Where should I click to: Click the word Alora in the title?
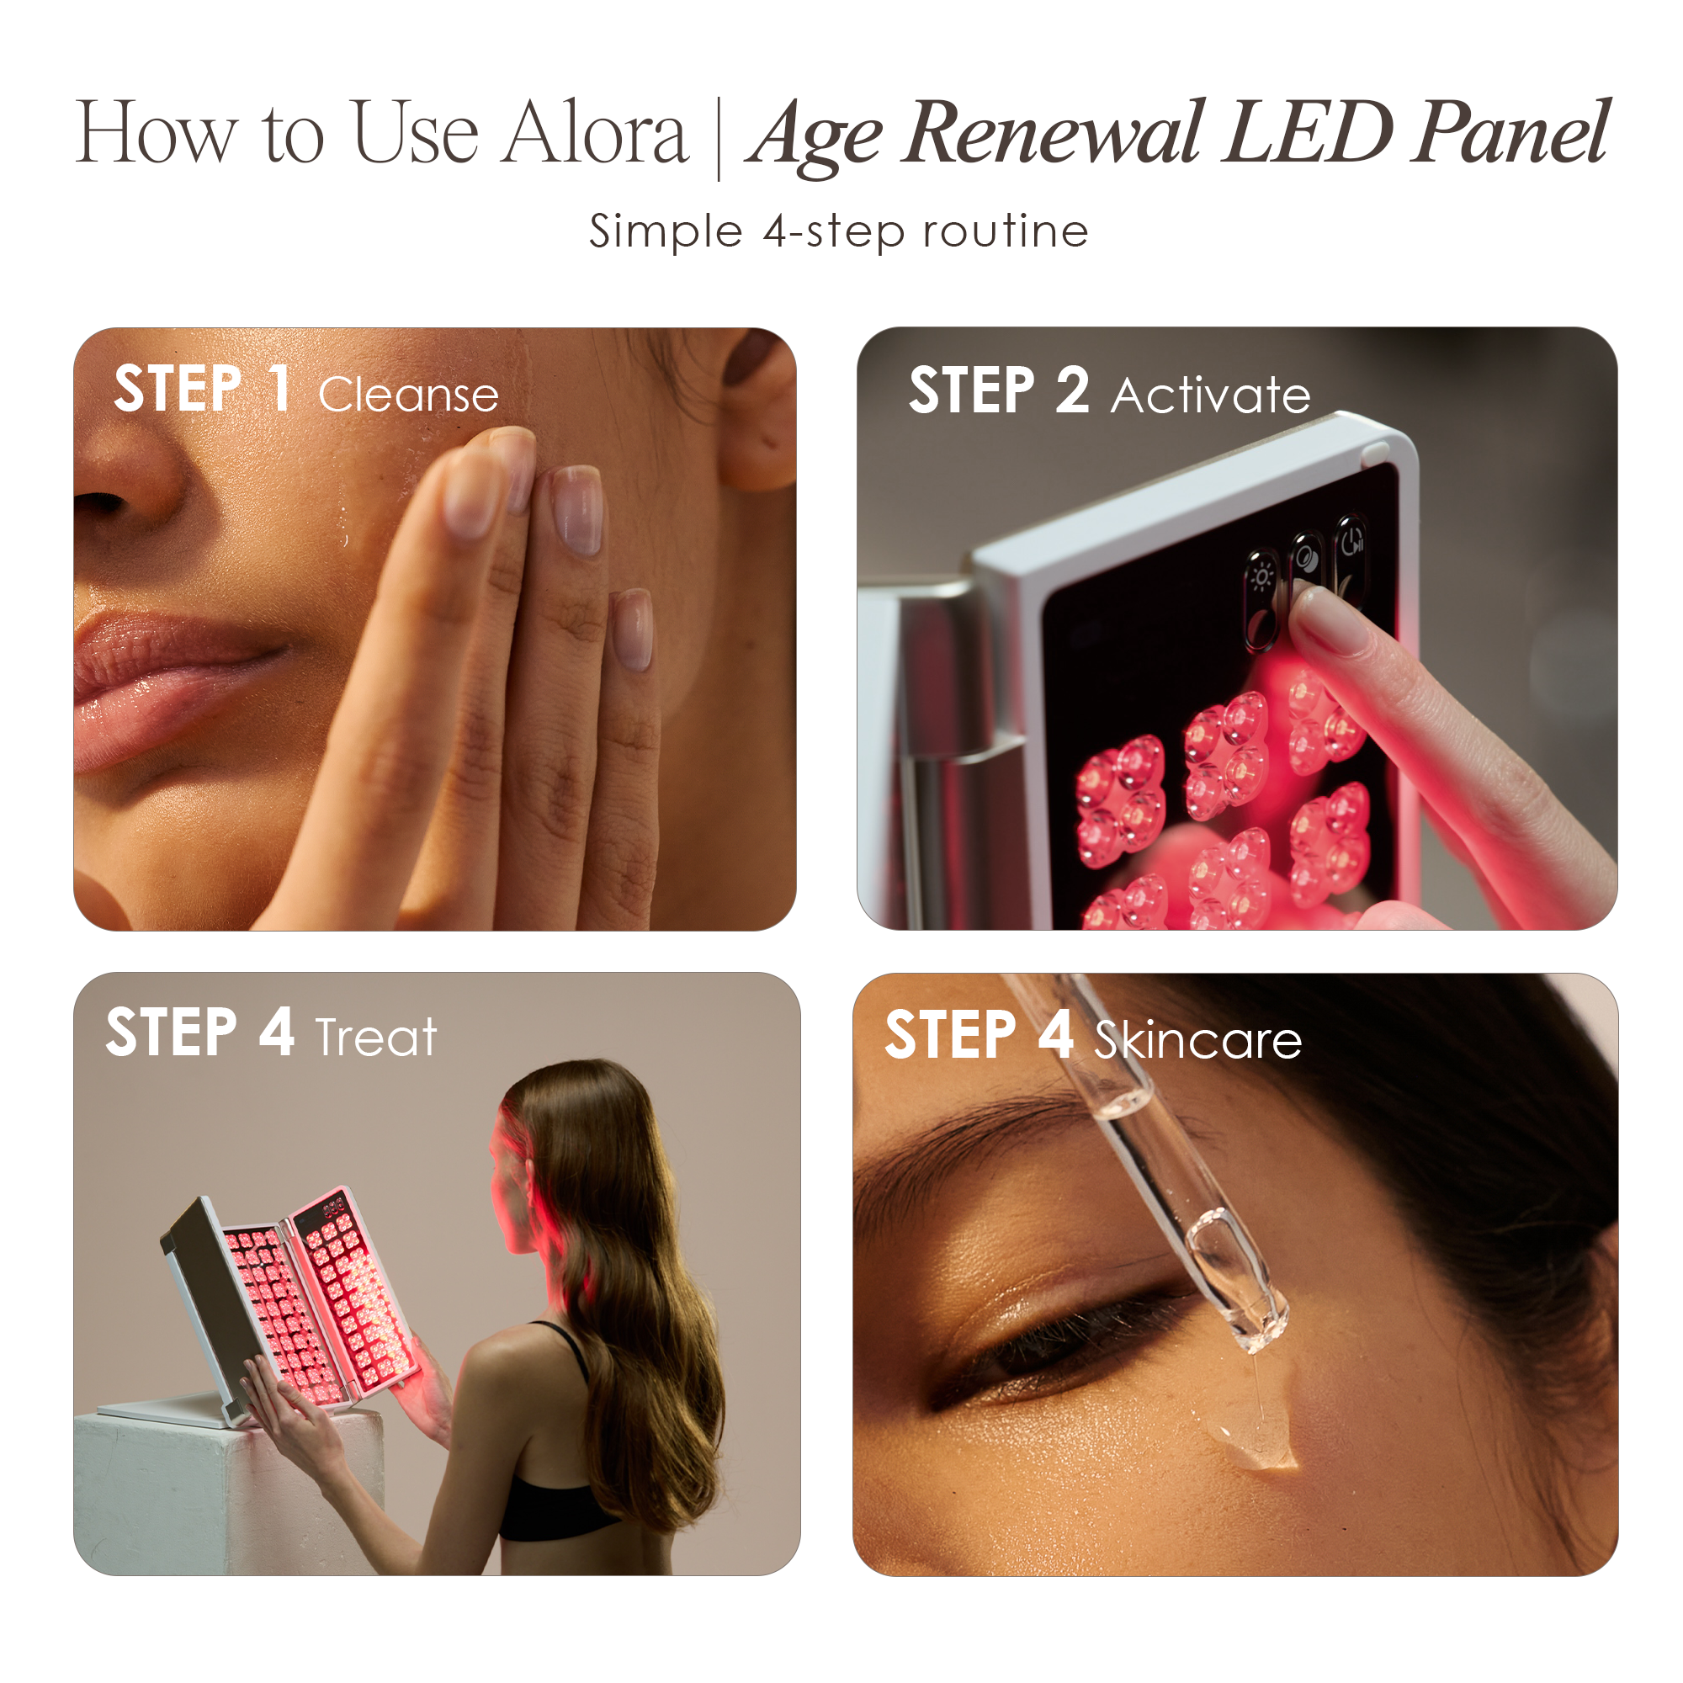pos(597,134)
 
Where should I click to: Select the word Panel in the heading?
pos(1511,134)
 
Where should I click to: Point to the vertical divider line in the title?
pos(719,140)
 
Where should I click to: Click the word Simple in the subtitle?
pos(666,231)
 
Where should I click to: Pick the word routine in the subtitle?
pos(1006,231)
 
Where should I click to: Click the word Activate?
pos(1211,395)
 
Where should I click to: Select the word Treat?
pos(375,1038)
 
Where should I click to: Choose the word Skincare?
pos(1197,1040)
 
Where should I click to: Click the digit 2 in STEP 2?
pos(1072,390)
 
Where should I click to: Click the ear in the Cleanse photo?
pos(758,410)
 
